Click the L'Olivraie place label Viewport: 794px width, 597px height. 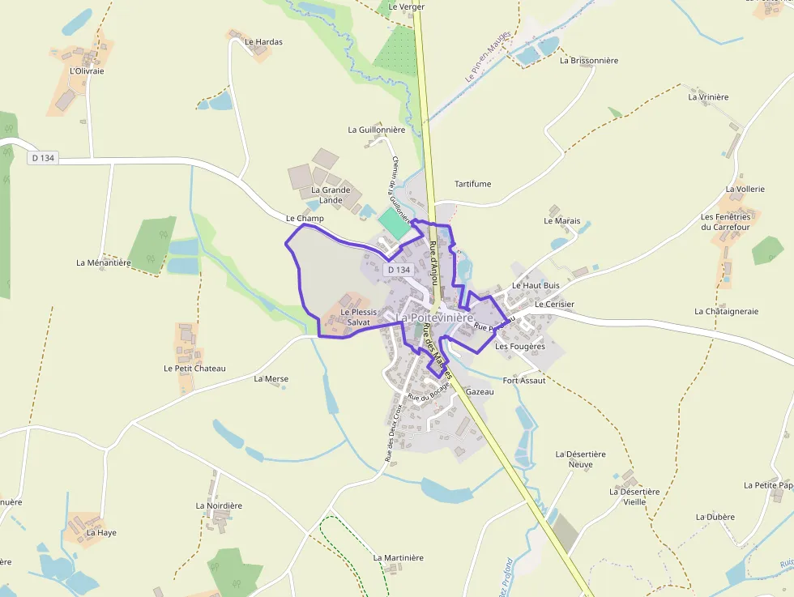pyautogui.click(x=87, y=70)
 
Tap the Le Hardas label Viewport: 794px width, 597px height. pyautogui.click(x=263, y=41)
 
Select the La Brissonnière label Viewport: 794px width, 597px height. pyautogui.click(x=589, y=60)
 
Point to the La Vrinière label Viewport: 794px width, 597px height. pyautogui.click(x=708, y=96)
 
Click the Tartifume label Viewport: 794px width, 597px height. pyautogui.click(x=473, y=184)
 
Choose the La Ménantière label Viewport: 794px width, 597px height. pyautogui.click(x=104, y=262)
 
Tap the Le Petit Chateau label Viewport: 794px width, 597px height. pyautogui.click(x=194, y=368)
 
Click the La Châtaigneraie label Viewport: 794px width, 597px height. pyautogui.click(x=726, y=311)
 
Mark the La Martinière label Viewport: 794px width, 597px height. pyautogui.click(x=398, y=557)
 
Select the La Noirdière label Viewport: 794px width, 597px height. pyautogui.click(x=219, y=505)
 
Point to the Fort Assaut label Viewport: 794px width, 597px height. pyautogui.click(x=524, y=380)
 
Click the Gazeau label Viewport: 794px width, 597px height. pyautogui.click(x=480, y=391)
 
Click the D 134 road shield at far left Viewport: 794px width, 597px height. pyautogui.click(x=42, y=158)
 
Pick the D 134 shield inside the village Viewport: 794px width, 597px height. pyautogui.click(x=399, y=270)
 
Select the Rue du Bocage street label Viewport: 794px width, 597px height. pyautogui.click(x=429, y=391)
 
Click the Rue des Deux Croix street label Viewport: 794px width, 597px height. pyautogui.click(x=393, y=433)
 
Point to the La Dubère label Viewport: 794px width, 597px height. pyautogui.click(x=715, y=517)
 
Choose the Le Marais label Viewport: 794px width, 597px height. pyautogui.click(x=561, y=220)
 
